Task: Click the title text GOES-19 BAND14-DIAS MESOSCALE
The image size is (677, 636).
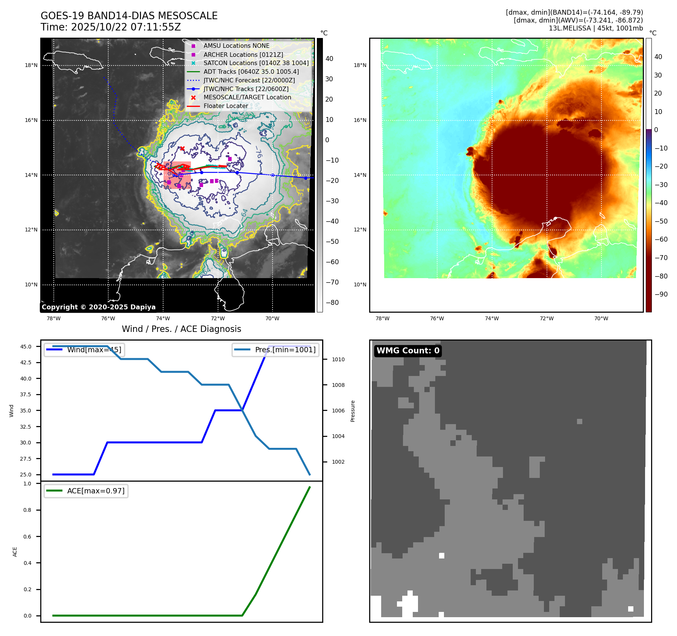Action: [x=129, y=16]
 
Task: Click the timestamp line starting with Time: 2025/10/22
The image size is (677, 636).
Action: [x=111, y=27]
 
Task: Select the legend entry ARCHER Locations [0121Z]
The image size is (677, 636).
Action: [x=243, y=55]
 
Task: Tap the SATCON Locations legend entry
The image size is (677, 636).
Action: [x=256, y=63]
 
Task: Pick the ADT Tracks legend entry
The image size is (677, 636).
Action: [x=251, y=72]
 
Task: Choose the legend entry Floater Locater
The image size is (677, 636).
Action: [x=226, y=106]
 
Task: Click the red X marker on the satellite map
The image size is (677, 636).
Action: [x=182, y=148]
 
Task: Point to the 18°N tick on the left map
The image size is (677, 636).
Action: [x=31, y=65]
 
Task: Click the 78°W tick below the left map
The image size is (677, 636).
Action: [x=53, y=318]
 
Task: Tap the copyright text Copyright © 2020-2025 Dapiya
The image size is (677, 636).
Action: [x=98, y=307]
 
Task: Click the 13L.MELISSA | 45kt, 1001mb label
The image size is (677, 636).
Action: [x=595, y=28]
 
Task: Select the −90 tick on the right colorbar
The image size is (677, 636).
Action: [x=661, y=294]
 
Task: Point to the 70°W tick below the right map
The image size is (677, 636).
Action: [x=601, y=318]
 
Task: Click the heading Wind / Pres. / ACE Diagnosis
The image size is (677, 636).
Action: [x=181, y=329]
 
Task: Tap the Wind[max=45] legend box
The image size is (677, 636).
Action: [x=84, y=350]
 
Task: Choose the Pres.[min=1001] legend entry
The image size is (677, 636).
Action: [x=276, y=350]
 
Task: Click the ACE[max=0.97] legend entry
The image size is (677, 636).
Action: [x=86, y=491]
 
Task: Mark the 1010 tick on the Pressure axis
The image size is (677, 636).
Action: [x=338, y=359]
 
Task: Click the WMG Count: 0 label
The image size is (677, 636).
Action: [x=408, y=351]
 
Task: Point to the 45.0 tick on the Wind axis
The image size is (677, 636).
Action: [x=26, y=347]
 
